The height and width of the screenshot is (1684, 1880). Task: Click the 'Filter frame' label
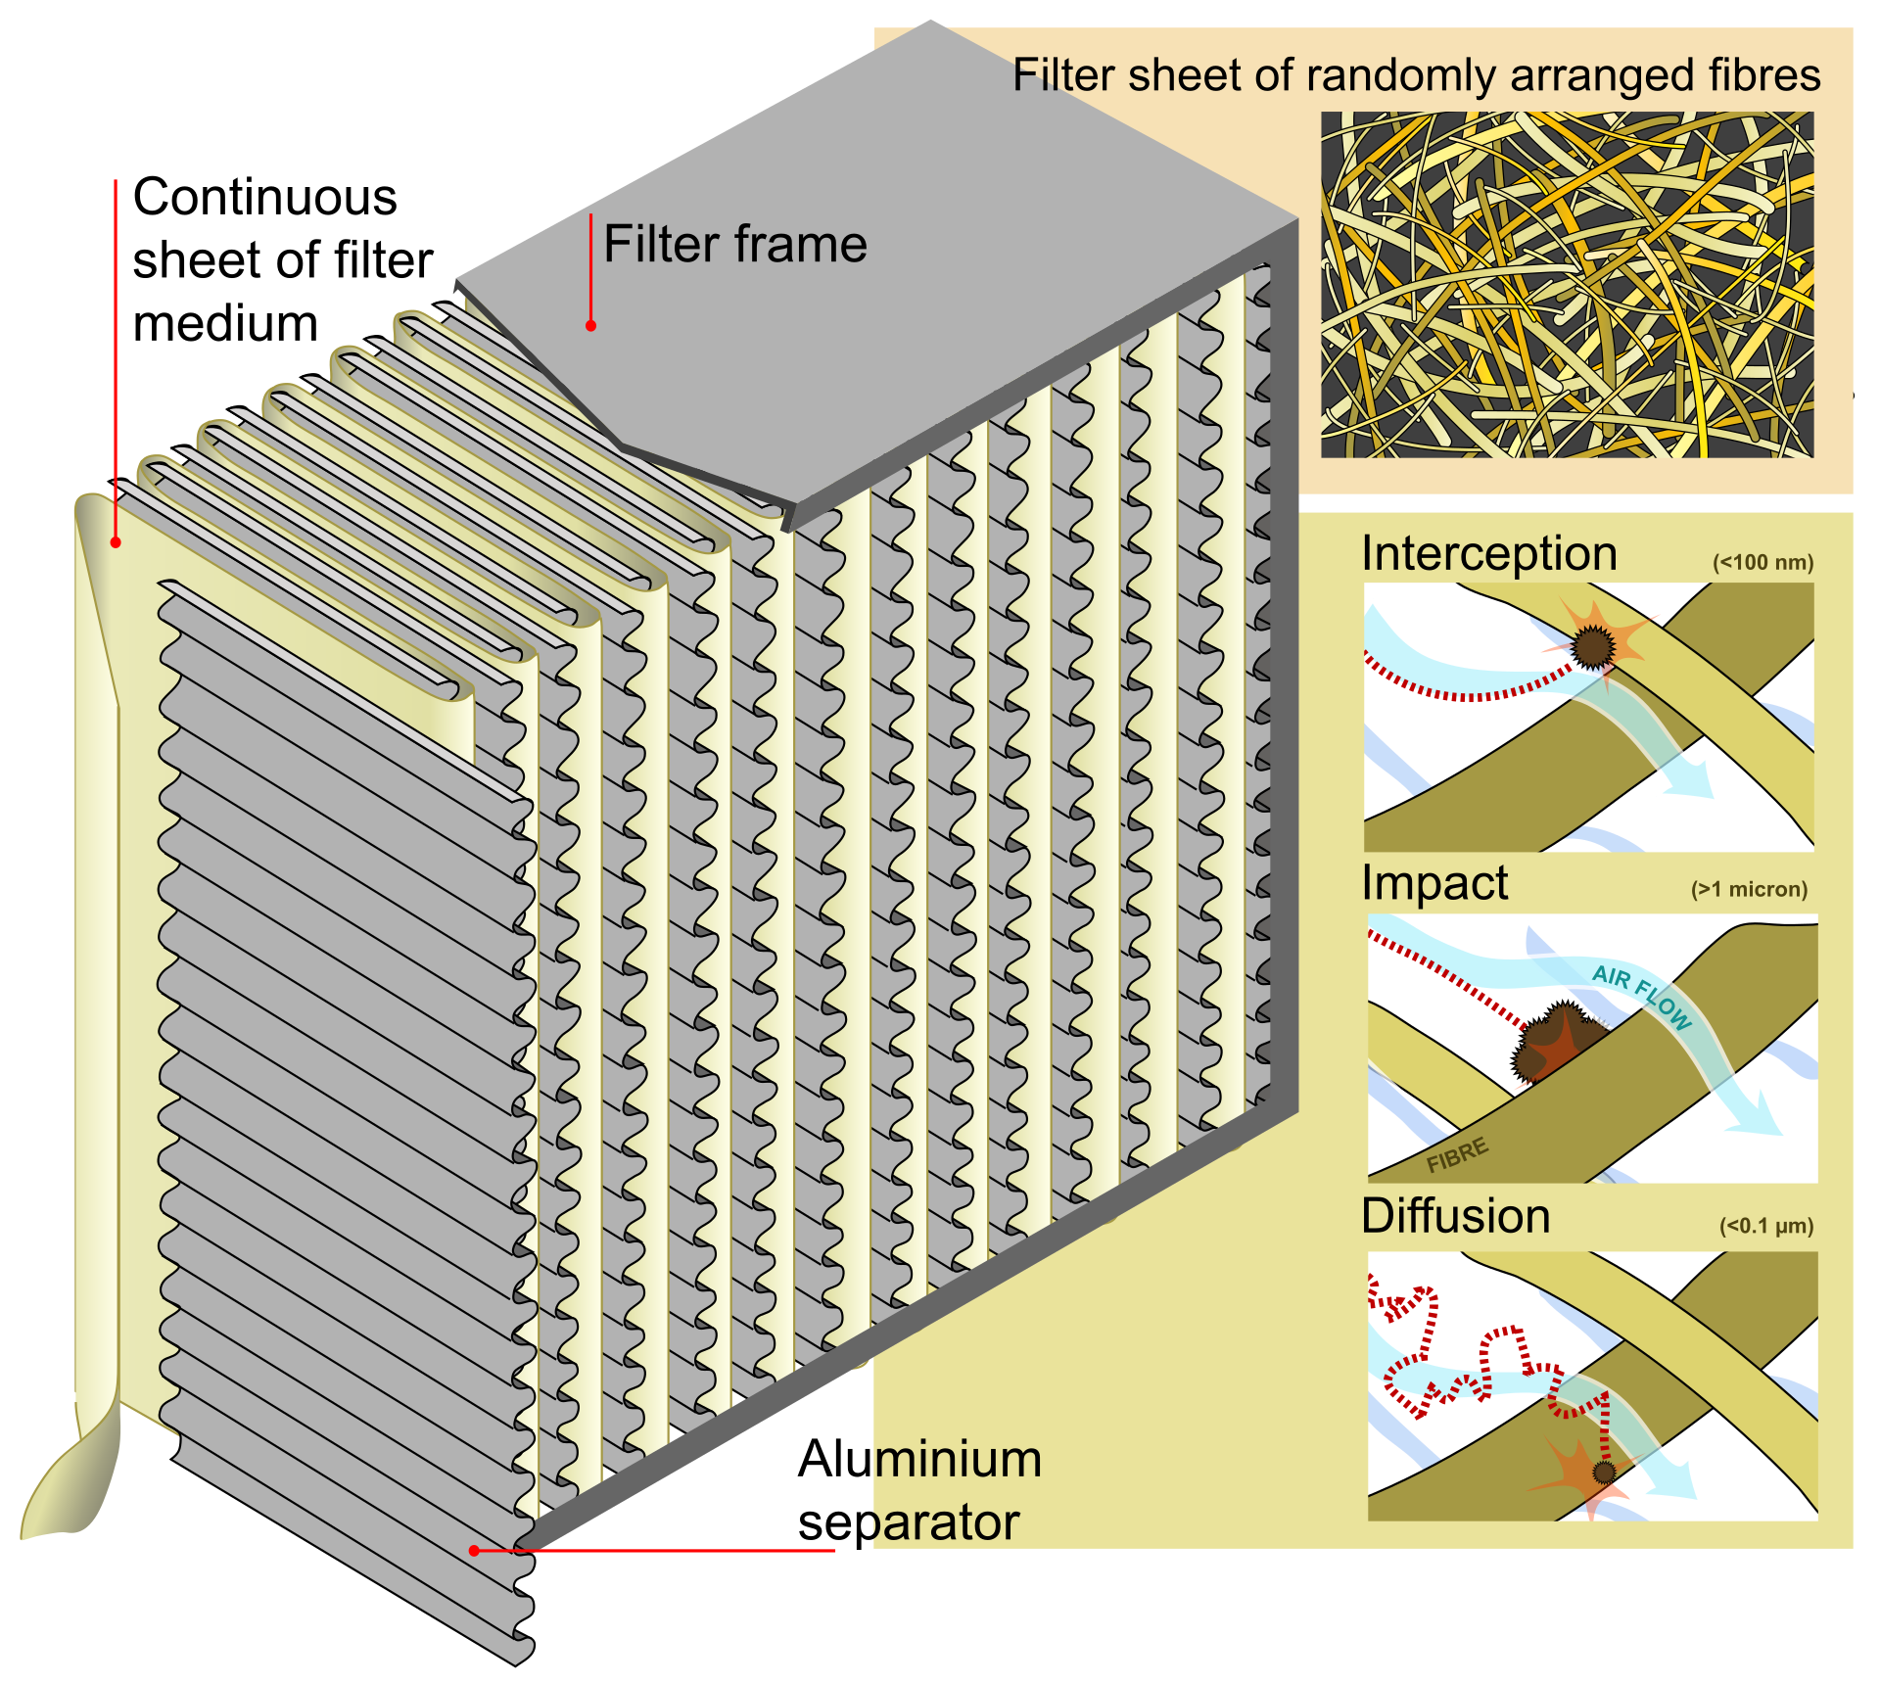pos(734,244)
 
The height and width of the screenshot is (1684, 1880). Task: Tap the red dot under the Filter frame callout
pos(590,325)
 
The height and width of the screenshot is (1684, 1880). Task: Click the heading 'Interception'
pos(1488,553)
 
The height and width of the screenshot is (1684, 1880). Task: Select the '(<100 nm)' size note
pos(1762,563)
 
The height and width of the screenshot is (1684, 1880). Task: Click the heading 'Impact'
pos(1434,883)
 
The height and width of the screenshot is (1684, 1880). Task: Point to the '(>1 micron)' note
pos(1749,889)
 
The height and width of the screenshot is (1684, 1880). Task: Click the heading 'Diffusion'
pos(1455,1216)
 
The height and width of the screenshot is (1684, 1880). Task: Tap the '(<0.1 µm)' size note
pos(1765,1226)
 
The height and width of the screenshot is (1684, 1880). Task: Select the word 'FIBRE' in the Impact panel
pos(1457,1155)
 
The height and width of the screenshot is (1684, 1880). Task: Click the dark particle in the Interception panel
pos(1593,645)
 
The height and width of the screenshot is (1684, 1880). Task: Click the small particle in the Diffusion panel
pos(1603,1472)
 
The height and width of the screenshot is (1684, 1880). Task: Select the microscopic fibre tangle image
pos(1567,284)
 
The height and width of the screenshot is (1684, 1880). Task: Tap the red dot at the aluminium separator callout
pos(474,1550)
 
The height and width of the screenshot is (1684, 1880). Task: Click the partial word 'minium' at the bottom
pos(958,1460)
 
